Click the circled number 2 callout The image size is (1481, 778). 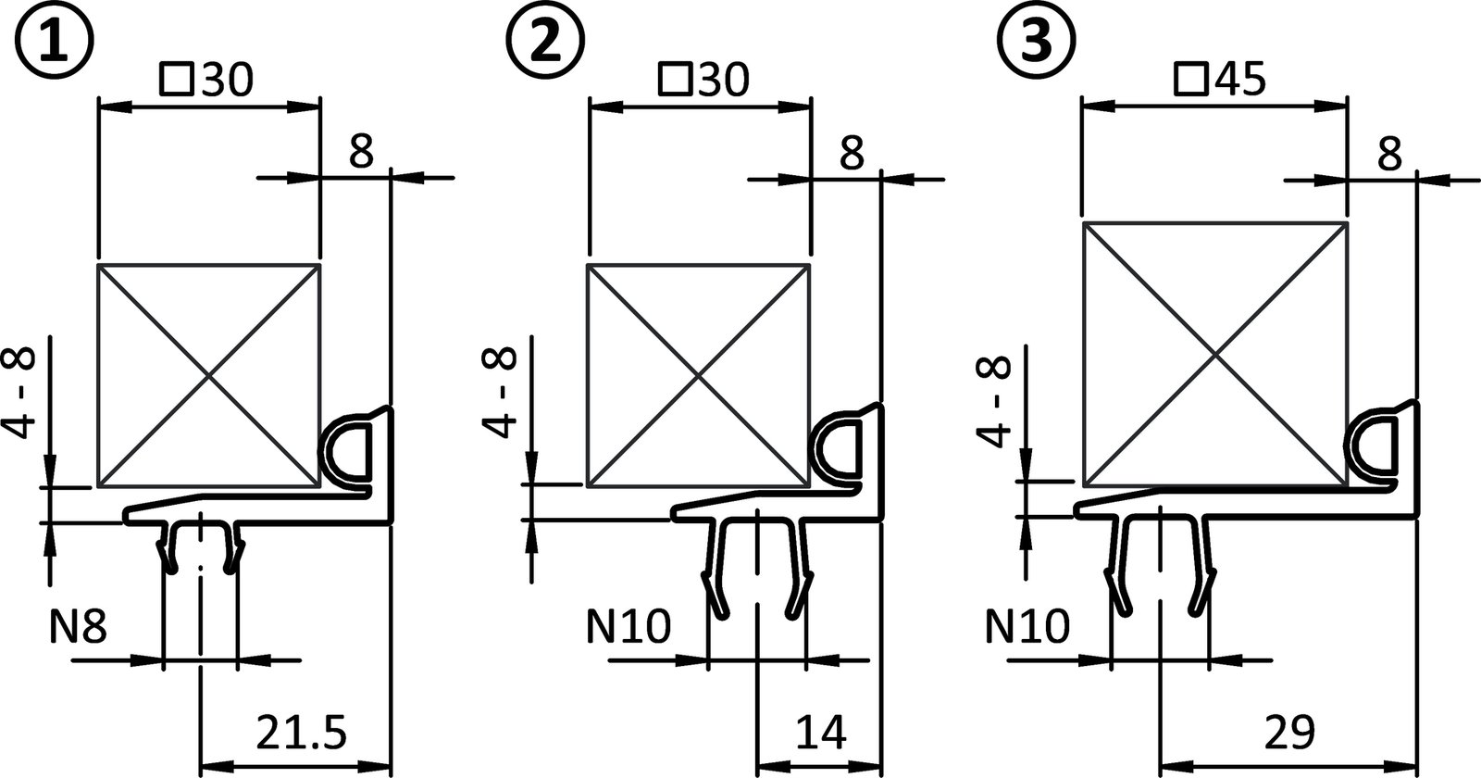coord(546,42)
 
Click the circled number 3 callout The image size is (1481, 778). coord(1036,42)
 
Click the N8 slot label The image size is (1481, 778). coord(79,629)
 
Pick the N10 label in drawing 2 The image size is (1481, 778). coord(628,629)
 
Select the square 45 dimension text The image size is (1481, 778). coord(1220,82)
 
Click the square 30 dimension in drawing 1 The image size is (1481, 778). coord(205,82)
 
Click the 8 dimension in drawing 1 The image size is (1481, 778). coord(361,151)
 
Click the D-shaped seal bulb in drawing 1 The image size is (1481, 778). coord(346,452)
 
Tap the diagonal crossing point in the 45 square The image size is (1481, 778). coord(1213,355)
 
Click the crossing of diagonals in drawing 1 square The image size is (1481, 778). coord(208,375)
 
